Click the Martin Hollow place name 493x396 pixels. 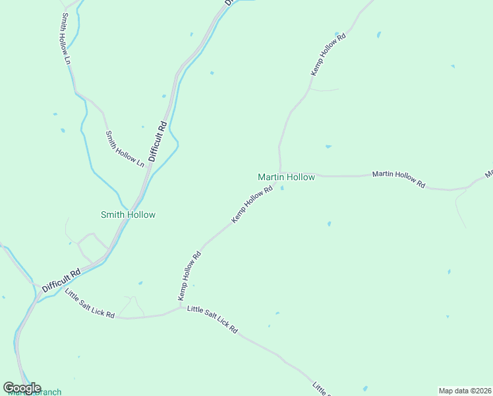pyautogui.click(x=286, y=177)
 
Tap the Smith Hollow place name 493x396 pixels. pyautogui.click(x=128, y=214)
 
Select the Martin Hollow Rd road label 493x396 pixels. pyautogui.click(x=399, y=180)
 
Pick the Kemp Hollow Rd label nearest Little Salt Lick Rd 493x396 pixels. pyautogui.click(x=189, y=277)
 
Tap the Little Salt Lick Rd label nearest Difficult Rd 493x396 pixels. pyautogui.click(x=90, y=304)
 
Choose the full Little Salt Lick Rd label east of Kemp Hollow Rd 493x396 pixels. pyautogui.click(x=212, y=319)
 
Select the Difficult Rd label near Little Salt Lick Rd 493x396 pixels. pyautogui.click(x=61, y=280)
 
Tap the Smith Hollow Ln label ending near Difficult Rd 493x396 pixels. pyautogui.click(x=125, y=148)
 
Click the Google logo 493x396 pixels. pyautogui.click(x=22, y=387)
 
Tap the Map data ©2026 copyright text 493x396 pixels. pyautogui.click(x=465, y=390)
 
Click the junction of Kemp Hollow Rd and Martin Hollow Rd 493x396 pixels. pyautogui.click(x=281, y=173)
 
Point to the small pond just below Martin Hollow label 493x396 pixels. pyautogui.click(x=283, y=188)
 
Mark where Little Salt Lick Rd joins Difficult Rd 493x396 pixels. pyautogui.click(x=59, y=288)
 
